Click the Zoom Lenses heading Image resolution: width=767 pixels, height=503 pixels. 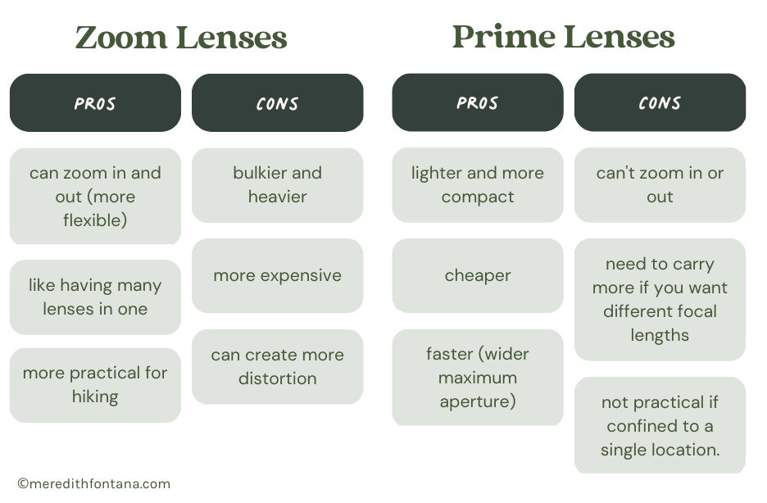click(x=181, y=38)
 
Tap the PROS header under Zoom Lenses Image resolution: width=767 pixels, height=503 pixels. click(x=95, y=103)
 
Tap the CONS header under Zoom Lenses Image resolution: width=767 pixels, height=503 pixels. click(x=277, y=103)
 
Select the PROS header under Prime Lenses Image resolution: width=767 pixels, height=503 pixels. click(x=477, y=103)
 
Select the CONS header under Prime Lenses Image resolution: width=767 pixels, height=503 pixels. click(x=660, y=103)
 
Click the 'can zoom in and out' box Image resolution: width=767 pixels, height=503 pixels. click(x=95, y=197)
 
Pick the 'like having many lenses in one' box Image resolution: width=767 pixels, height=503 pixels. click(x=95, y=297)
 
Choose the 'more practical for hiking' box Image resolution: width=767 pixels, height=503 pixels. click(x=95, y=385)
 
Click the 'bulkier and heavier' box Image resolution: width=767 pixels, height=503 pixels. click(x=277, y=185)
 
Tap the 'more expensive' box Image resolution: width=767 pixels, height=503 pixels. click(x=277, y=275)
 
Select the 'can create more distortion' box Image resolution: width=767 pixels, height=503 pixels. click(x=277, y=366)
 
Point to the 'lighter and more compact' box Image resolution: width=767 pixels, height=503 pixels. click(x=477, y=185)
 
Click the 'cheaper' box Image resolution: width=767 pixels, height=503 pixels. click(x=477, y=275)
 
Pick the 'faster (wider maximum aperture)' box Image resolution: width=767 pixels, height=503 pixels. click(x=477, y=378)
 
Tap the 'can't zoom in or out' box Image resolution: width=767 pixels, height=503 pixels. click(x=660, y=185)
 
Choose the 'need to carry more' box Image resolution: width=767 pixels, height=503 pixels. click(x=660, y=300)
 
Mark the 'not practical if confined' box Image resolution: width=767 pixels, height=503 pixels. click(x=660, y=426)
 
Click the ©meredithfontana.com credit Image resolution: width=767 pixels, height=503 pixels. click(x=93, y=483)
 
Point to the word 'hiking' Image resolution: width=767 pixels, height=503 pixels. click(x=95, y=397)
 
